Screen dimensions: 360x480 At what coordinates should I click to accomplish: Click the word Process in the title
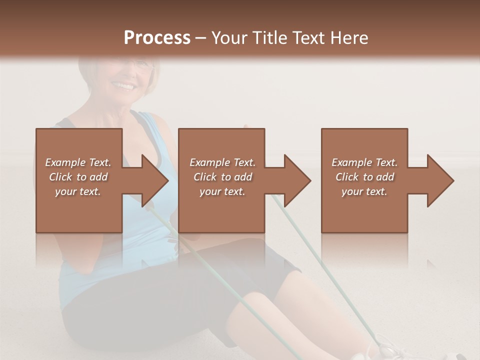[x=157, y=38]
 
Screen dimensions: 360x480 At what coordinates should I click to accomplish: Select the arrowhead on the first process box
[x=153, y=180]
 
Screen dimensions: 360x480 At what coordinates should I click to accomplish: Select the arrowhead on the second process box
[x=296, y=180]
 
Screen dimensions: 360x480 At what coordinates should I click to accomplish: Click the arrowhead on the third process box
[x=439, y=180]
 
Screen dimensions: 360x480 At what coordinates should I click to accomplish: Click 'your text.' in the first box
[x=78, y=191]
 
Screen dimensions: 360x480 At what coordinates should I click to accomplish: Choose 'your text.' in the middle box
[x=222, y=191]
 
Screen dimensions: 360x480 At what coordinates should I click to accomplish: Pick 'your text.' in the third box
[x=364, y=191]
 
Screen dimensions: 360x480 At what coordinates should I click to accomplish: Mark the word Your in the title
[x=229, y=38]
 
